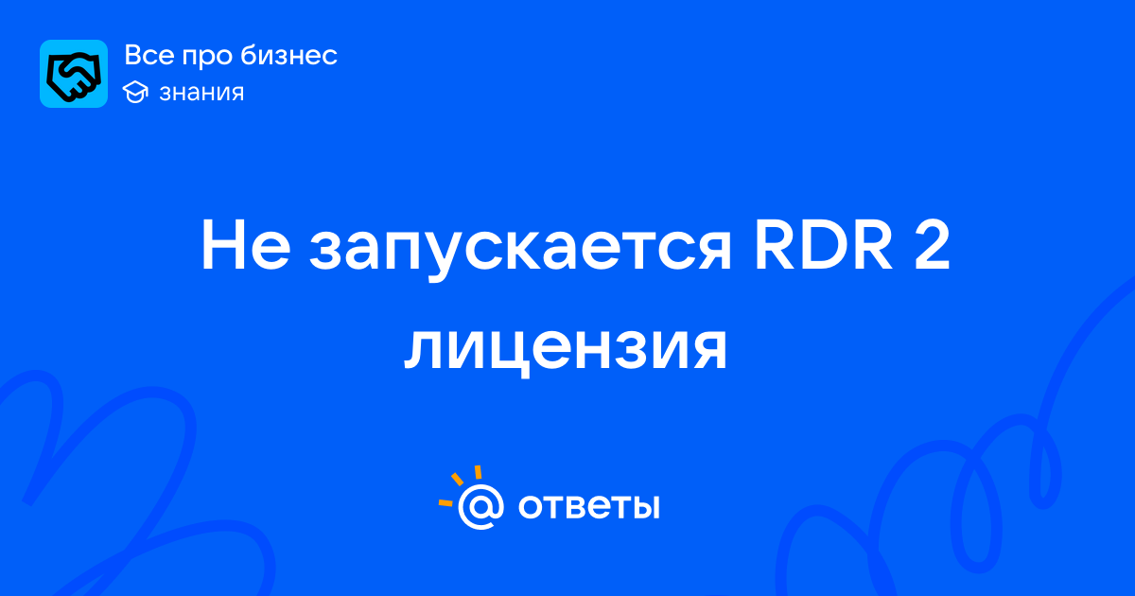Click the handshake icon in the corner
tap(74, 74)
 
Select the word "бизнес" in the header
tap(288, 55)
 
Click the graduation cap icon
tap(135, 92)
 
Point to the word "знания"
tap(201, 93)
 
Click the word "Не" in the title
tap(246, 245)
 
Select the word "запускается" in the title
tap(520, 252)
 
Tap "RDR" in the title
tap(823, 245)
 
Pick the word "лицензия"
tap(566, 349)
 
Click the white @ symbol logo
tap(480, 506)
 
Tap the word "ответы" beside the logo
tap(588, 506)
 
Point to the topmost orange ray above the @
tap(478, 472)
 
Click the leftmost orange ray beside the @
tap(445, 502)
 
